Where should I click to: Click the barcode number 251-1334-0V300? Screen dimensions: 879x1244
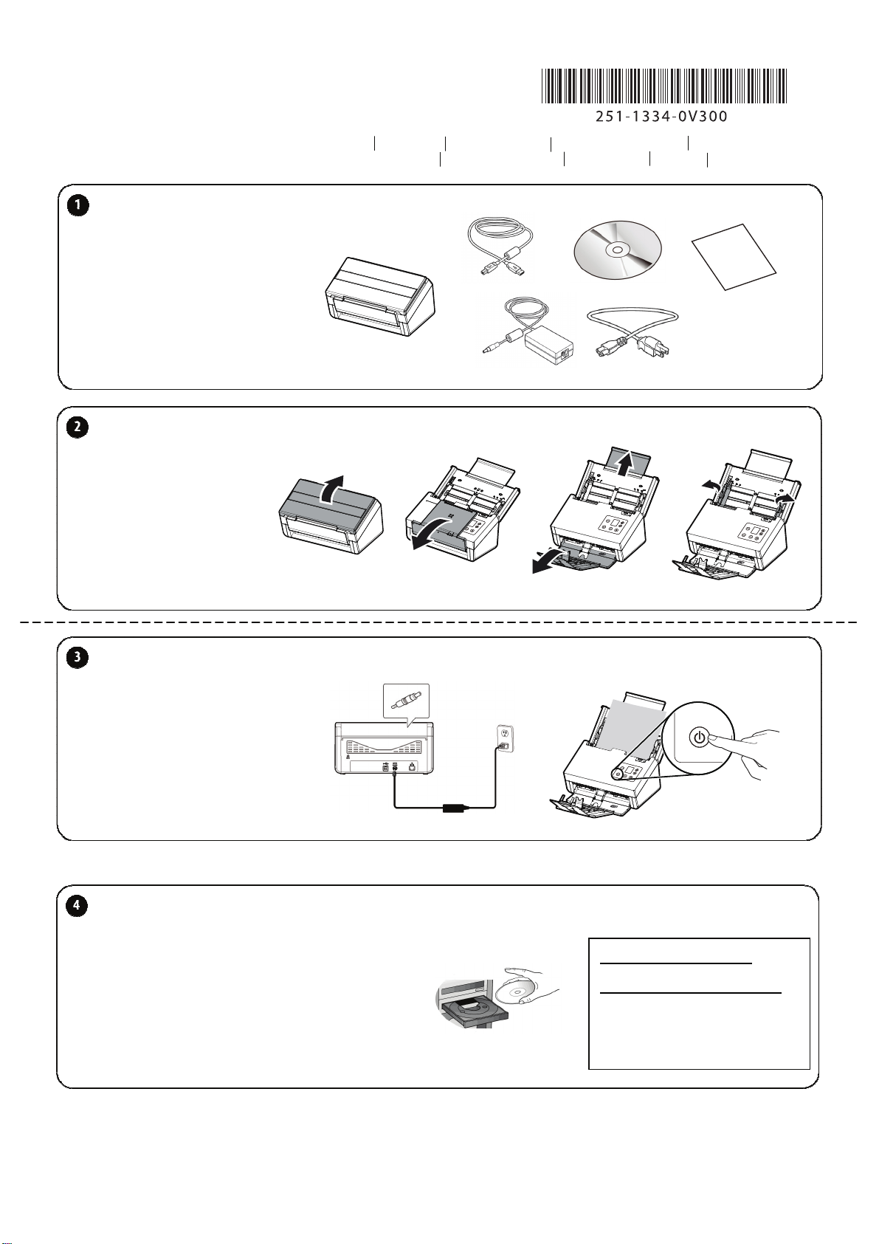(x=661, y=116)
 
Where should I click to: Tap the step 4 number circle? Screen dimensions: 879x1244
(x=77, y=906)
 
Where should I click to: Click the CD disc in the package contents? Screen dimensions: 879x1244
(x=617, y=250)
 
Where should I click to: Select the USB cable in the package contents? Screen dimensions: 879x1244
(x=500, y=250)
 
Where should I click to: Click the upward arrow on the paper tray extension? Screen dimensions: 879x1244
(x=626, y=464)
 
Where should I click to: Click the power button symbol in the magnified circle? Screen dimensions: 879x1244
(x=698, y=737)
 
